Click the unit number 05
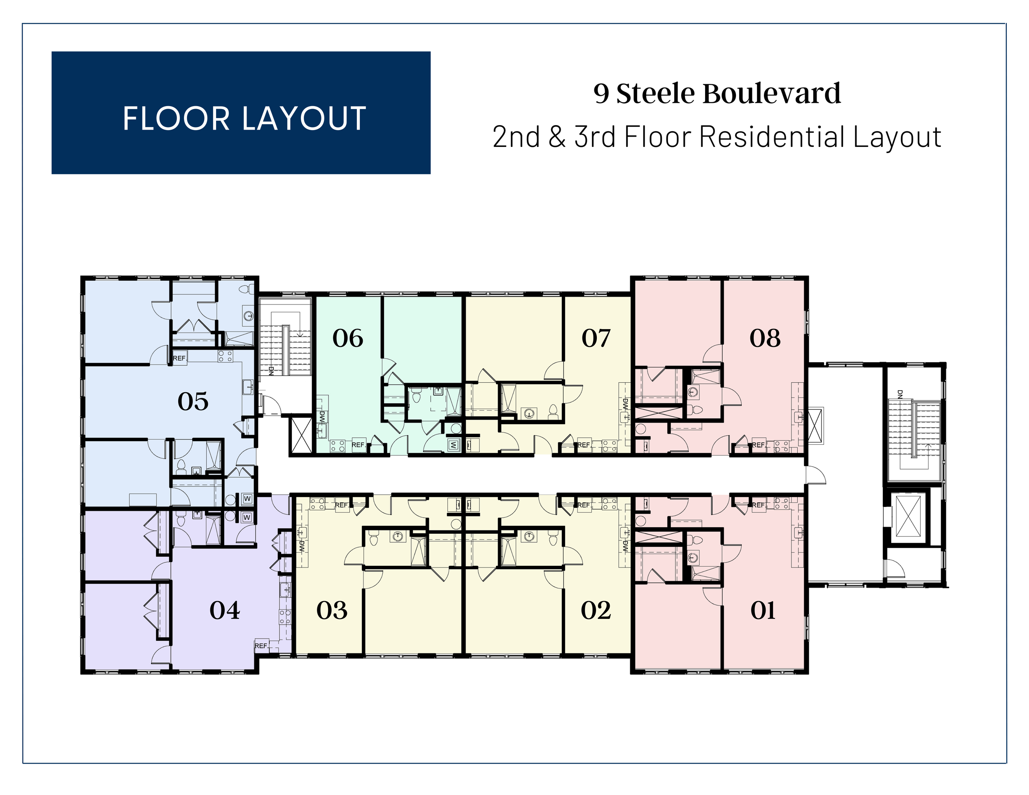pos(193,401)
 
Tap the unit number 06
pos(348,338)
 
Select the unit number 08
pos(765,338)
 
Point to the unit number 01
pos(763,610)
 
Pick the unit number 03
pos(332,610)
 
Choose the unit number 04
pos(225,610)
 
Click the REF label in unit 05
pos(179,358)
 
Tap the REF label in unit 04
pos(261,646)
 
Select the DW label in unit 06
pos(322,417)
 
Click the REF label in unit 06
pos(358,444)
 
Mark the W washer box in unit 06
pos(453,444)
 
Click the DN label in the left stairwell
pos(271,371)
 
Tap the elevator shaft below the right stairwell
pos(908,516)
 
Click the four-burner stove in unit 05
pos(225,356)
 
